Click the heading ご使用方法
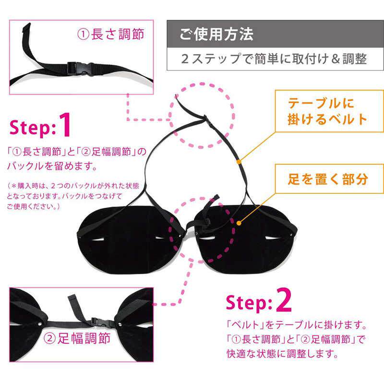[216, 34]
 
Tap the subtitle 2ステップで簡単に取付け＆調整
[274, 59]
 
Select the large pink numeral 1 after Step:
[65, 125]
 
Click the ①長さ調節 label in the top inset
[111, 34]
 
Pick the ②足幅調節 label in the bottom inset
[77, 338]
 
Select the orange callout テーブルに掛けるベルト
[327, 111]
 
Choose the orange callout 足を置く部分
[328, 179]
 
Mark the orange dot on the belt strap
[239, 162]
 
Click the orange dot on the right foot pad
[239, 223]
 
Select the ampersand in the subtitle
[336, 59]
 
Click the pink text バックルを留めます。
[52, 166]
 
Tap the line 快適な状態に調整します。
[283, 354]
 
